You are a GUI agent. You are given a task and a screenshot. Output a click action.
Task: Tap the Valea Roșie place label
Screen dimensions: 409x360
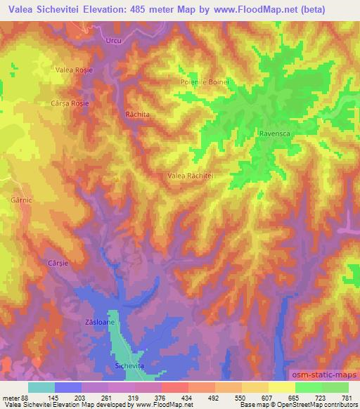pos(75,70)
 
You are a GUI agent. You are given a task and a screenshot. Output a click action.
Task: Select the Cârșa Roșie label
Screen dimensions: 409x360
pos(70,102)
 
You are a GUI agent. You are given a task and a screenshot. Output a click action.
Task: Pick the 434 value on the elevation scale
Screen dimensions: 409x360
pos(187,397)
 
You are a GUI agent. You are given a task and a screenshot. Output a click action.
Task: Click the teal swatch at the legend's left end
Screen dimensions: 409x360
pos(41,387)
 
